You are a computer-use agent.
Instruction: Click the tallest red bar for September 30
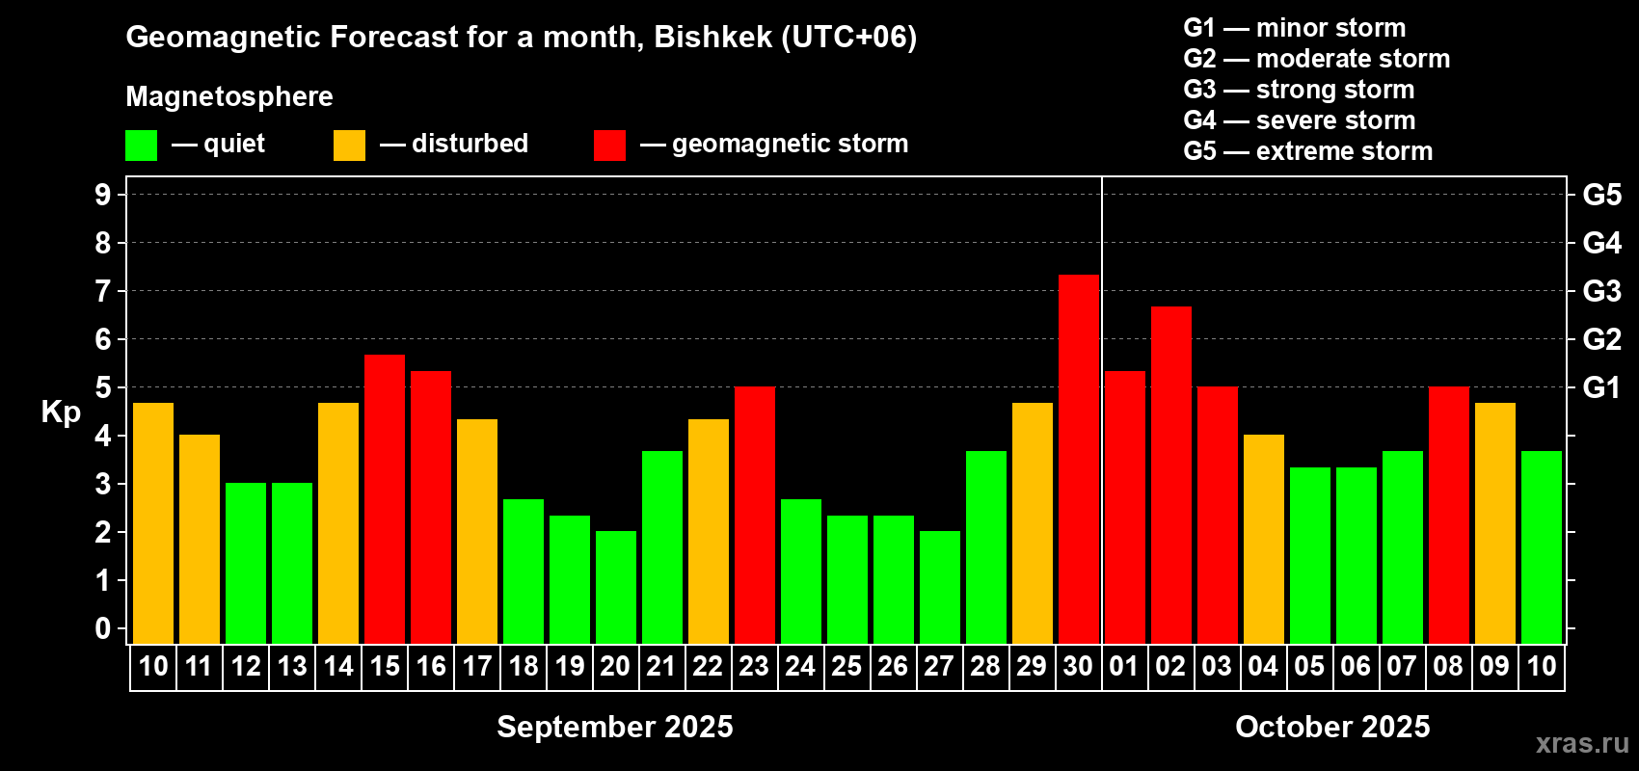(1079, 460)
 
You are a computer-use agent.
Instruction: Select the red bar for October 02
(1170, 475)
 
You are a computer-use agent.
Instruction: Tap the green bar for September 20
(616, 587)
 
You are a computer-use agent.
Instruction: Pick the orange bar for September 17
(477, 531)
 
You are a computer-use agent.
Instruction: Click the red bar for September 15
(385, 499)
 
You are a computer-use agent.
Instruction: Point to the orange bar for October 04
(1264, 539)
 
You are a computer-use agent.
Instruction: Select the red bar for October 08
(1449, 515)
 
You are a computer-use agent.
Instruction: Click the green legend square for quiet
(141, 145)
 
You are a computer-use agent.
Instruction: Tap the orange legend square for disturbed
(349, 145)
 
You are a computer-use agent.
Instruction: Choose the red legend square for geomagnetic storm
(609, 145)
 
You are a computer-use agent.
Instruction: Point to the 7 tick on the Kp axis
(121, 291)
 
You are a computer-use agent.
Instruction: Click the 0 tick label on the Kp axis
(102, 628)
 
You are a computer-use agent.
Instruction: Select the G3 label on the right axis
(1602, 291)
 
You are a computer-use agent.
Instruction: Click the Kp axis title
(61, 412)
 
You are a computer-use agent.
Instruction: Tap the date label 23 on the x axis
(754, 666)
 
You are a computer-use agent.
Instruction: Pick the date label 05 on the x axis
(1309, 666)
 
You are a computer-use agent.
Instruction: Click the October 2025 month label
(1332, 727)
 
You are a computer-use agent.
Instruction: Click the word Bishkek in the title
(712, 38)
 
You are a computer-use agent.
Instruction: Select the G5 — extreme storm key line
(1308, 151)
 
